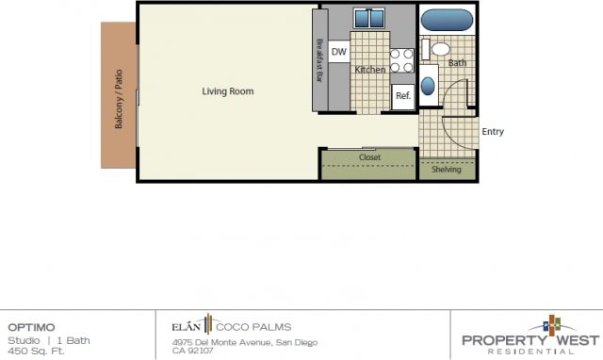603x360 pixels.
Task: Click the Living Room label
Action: point(228,91)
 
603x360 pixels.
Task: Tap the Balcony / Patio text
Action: point(120,109)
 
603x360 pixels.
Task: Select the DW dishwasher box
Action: point(339,53)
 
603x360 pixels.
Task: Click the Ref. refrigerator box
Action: point(402,96)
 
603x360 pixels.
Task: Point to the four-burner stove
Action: point(402,60)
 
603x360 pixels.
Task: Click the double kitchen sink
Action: point(368,19)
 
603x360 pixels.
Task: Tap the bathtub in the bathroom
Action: point(447,20)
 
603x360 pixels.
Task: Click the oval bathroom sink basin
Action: point(429,86)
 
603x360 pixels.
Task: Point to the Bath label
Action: point(457,63)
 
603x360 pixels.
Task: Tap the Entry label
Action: point(493,132)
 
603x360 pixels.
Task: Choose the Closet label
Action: point(369,157)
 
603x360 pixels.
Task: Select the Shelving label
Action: point(446,170)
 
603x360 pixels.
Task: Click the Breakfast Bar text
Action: point(320,60)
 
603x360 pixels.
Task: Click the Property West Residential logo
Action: point(529,337)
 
